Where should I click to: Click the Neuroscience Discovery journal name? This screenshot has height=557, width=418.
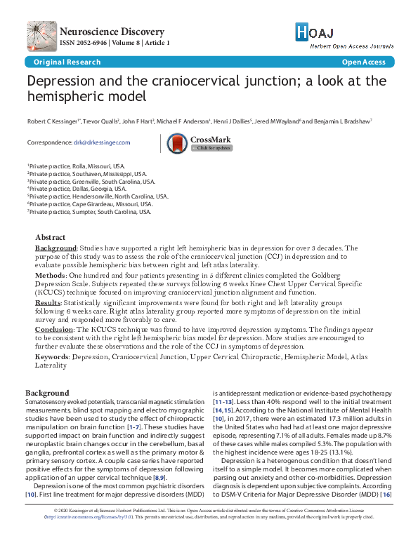click(112, 32)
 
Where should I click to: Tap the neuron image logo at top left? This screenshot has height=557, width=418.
click(42, 36)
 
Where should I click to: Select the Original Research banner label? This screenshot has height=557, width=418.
click(52, 62)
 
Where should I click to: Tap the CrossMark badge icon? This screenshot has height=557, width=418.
click(178, 142)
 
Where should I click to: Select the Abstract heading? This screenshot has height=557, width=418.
click(50, 237)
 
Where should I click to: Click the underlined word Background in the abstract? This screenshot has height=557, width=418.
click(55, 248)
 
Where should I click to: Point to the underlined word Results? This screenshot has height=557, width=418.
click(48, 302)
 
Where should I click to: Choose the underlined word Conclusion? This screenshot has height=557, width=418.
click(53, 329)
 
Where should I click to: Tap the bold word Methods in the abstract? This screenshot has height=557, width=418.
click(51, 276)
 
